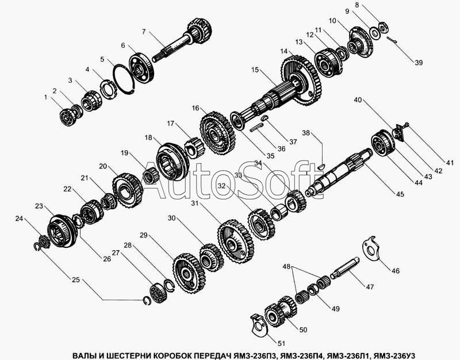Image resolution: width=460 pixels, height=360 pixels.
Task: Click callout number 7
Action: click(143, 32)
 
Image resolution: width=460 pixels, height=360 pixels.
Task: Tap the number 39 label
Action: click(419, 63)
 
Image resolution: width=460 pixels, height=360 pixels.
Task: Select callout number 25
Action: click(76, 279)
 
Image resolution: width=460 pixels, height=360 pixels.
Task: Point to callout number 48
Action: click(286, 266)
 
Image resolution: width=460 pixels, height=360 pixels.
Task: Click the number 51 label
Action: click(281, 343)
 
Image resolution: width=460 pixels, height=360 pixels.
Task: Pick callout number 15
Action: click(255, 70)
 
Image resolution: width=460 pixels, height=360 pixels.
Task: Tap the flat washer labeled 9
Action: click(375, 33)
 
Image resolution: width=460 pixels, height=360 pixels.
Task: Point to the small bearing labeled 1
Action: click(67, 117)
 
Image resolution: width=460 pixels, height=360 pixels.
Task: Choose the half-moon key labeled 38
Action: click(321, 166)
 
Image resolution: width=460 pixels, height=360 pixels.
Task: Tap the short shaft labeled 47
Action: click(344, 267)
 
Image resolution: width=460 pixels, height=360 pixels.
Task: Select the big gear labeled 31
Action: click(236, 242)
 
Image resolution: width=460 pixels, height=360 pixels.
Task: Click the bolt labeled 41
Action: click(406, 125)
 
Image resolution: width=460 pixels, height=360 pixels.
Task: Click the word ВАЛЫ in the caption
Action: click(83, 355)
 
